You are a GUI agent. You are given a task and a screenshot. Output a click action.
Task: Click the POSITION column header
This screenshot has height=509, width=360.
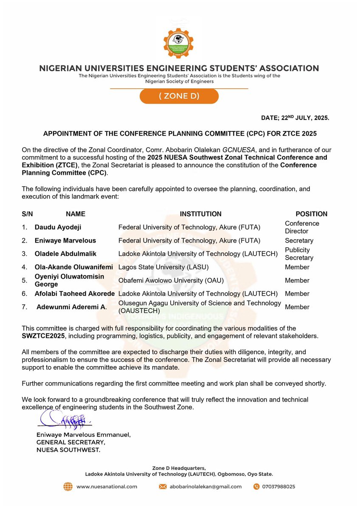[311, 214]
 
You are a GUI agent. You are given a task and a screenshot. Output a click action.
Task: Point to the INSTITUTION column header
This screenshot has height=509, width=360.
[200, 214]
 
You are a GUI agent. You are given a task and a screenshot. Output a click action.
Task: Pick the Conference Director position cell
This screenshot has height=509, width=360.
[302, 227]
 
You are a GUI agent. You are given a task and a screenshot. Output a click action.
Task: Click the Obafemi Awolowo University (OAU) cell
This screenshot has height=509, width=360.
[171, 280]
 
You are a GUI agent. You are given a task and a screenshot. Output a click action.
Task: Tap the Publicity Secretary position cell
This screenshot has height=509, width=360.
[299, 254]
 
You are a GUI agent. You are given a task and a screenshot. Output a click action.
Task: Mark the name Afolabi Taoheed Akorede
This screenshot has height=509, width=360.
[75, 294]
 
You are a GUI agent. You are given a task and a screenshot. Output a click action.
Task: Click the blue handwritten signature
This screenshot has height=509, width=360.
[64, 420]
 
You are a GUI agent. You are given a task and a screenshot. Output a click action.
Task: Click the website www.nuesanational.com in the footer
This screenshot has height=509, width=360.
[107, 487]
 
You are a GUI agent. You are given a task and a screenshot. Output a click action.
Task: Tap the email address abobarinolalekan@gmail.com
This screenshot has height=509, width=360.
[205, 487]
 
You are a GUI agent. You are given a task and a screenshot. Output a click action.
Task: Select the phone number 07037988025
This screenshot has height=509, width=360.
[278, 487]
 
